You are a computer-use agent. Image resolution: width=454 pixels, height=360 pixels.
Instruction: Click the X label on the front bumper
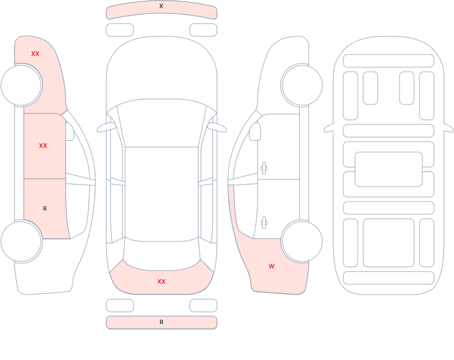tap(161, 6)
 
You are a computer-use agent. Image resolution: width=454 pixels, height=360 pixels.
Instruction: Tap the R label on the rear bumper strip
tap(162, 322)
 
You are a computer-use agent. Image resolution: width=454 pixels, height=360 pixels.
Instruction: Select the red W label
tap(272, 266)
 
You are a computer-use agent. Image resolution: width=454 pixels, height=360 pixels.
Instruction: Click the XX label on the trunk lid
tap(162, 281)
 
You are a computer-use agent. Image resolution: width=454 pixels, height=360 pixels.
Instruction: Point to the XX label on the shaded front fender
tap(35, 54)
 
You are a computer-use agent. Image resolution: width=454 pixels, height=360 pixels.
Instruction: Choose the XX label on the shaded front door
tap(43, 146)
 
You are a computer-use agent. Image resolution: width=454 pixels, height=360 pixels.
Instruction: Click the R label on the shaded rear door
tap(45, 209)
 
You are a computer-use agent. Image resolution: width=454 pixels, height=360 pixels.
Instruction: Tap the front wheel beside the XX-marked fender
tap(21, 85)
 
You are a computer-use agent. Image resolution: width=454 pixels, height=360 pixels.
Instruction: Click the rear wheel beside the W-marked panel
tap(302, 241)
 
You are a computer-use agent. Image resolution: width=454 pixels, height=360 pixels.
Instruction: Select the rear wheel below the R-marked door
tap(21, 241)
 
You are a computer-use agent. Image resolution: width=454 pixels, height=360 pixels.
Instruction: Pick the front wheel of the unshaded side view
tap(302, 85)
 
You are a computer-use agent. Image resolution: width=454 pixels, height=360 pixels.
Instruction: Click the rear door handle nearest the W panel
tap(264, 223)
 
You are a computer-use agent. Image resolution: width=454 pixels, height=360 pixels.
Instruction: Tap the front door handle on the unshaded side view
tap(264, 168)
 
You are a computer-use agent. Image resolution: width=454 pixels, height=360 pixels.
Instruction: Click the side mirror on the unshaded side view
tap(255, 132)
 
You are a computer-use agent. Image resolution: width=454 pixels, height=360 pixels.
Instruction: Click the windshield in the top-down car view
tap(162, 123)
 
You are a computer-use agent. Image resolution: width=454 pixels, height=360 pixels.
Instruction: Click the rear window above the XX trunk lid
tap(162, 254)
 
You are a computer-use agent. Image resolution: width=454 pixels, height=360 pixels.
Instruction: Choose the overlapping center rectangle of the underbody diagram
tap(389, 169)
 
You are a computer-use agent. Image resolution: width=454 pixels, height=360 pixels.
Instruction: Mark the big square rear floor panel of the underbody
tap(389, 243)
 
